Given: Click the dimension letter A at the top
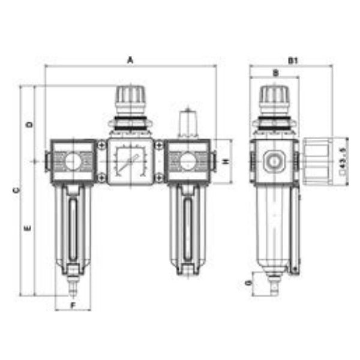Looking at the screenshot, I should (x=130, y=60).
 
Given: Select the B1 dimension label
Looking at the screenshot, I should (x=292, y=60).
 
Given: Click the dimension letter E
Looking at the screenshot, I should (x=29, y=229).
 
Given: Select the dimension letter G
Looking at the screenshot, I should (x=248, y=283).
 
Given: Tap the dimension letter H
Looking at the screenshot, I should (x=226, y=162).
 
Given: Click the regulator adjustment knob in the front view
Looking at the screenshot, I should (x=130, y=96).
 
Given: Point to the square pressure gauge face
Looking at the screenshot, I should (x=130, y=163).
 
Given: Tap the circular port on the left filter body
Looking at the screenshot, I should (x=72, y=161).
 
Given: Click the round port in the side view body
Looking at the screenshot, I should (x=274, y=161).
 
